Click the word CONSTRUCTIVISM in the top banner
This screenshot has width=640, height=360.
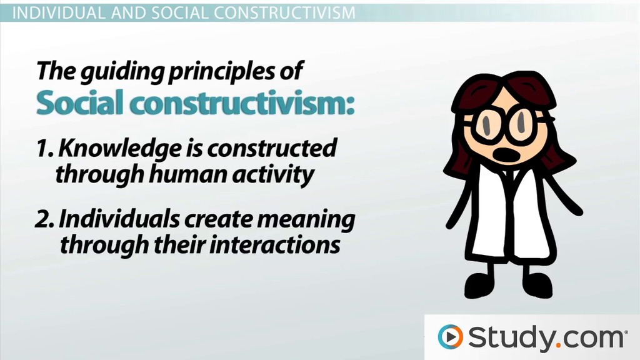(x=284, y=12)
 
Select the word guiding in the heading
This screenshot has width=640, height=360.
(x=123, y=71)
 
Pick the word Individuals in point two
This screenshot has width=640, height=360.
(x=119, y=219)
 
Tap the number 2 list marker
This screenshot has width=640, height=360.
(x=43, y=219)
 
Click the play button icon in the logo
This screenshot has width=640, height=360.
(x=450, y=337)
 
